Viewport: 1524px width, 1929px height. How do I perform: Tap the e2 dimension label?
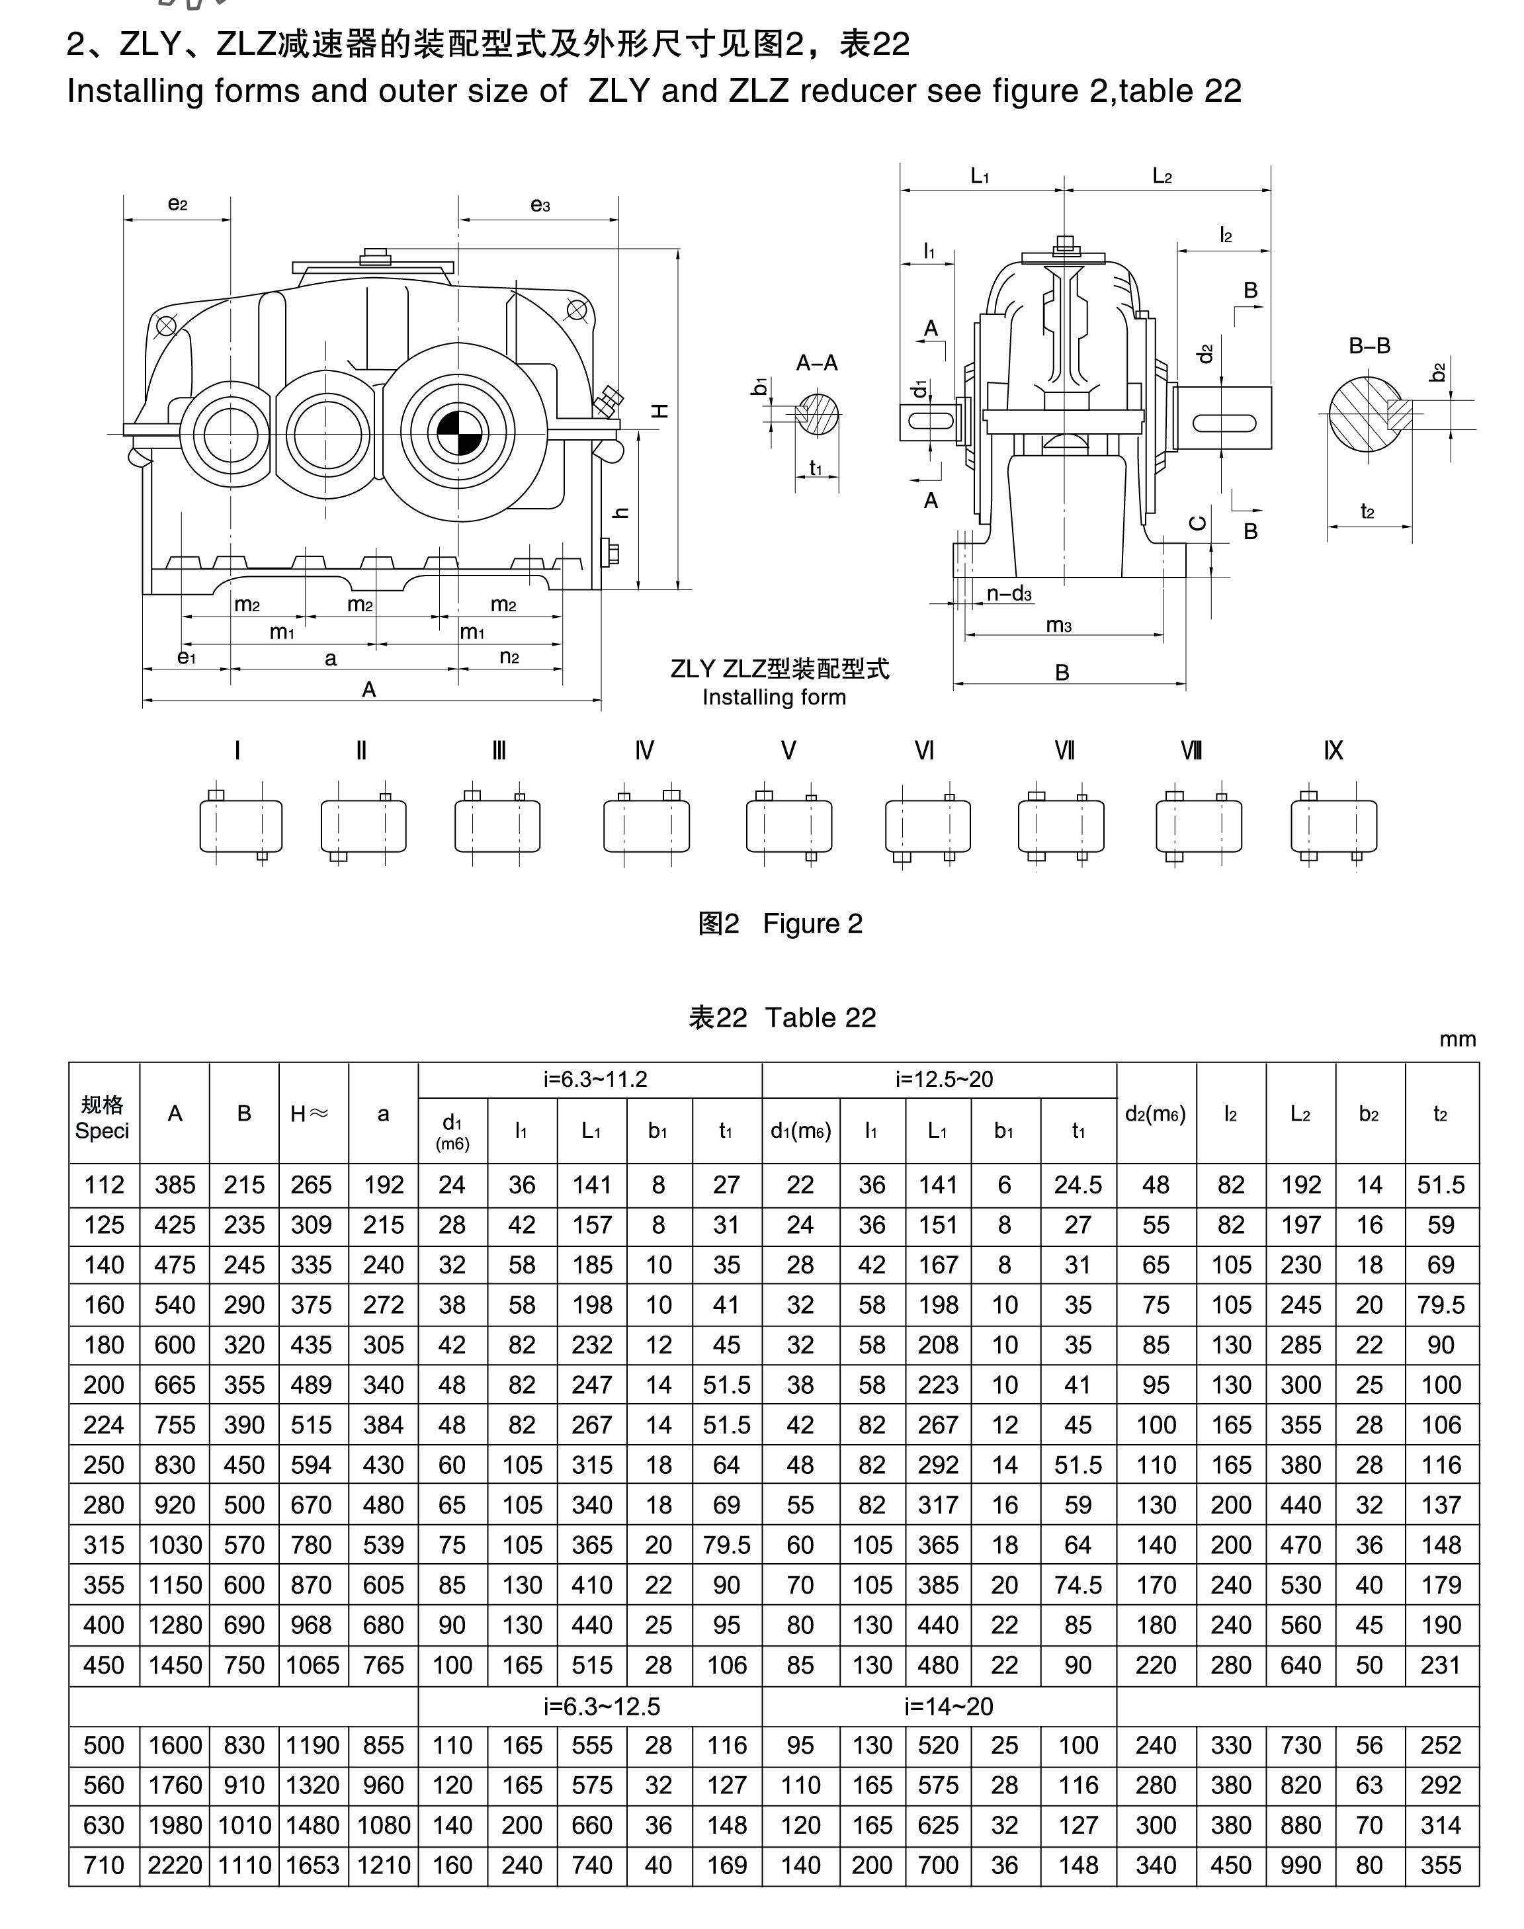tap(177, 204)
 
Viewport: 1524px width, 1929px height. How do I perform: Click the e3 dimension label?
tap(540, 205)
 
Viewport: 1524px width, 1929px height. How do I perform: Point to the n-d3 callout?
tap(1009, 594)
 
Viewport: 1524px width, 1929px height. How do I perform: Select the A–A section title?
tap(816, 363)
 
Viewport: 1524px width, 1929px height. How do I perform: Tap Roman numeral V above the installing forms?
tap(788, 750)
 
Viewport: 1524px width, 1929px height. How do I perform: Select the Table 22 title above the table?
tap(782, 1017)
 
